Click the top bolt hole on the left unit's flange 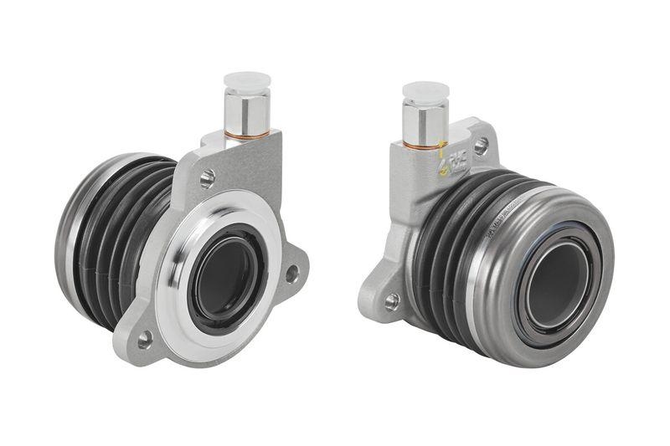[x=207, y=177]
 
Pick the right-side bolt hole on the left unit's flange [x=291, y=272]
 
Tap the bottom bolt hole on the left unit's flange [x=145, y=338]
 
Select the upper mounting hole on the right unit [x=480, y=146]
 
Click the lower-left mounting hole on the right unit [x=391, y=298]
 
